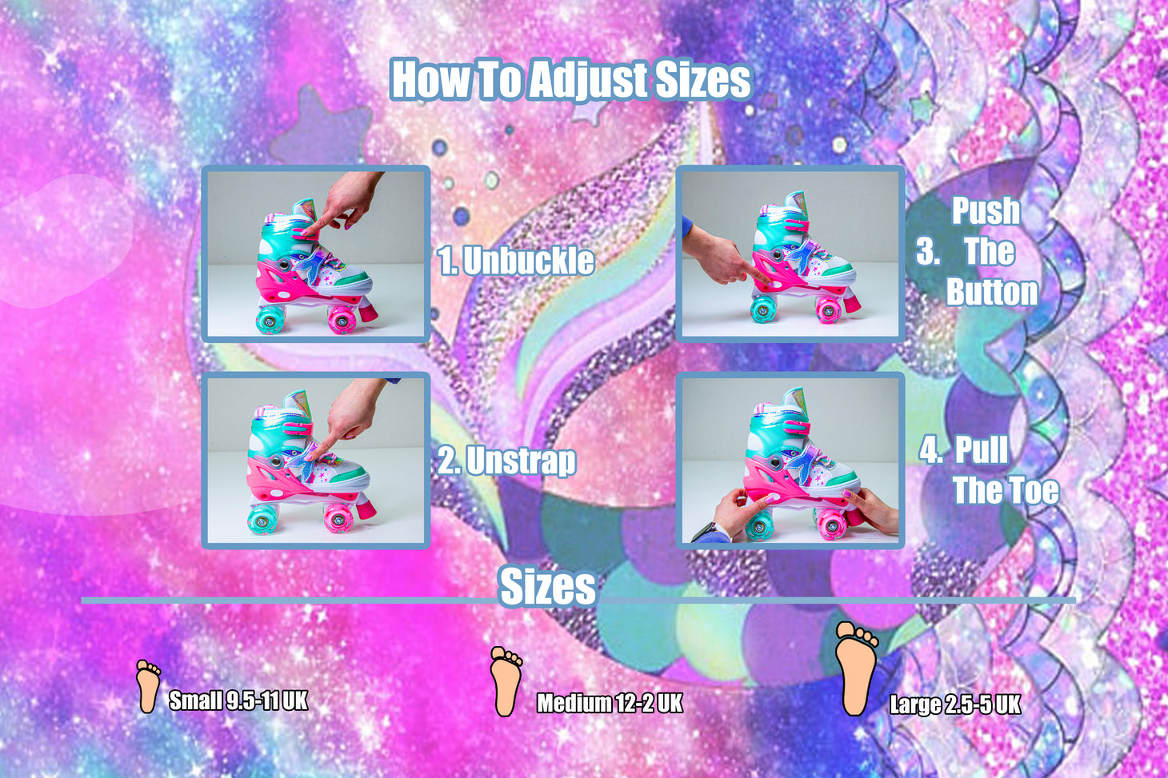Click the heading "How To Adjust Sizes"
[571, 80]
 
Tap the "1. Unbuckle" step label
[515, 260]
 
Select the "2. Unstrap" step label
[507, 461]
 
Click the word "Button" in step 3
[992, 292]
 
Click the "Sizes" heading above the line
[547, 586]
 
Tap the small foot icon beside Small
[148, 686]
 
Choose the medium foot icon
[506, 681]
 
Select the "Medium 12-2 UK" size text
[610, 703]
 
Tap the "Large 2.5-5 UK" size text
[954, 704]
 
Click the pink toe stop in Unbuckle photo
[368, 312]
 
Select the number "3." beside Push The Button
[928, 252]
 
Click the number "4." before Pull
[930, 450]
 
